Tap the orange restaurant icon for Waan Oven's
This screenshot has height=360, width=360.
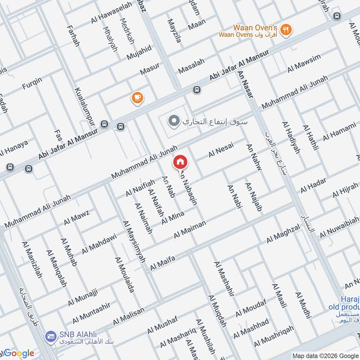(285, 30)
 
